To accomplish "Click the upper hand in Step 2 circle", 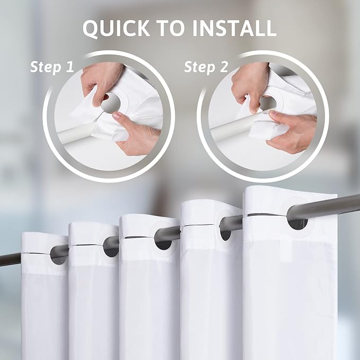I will pyautogui.click(x=249, y=82).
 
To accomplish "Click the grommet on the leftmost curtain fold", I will pyautogui.click(x=59, y=256).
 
